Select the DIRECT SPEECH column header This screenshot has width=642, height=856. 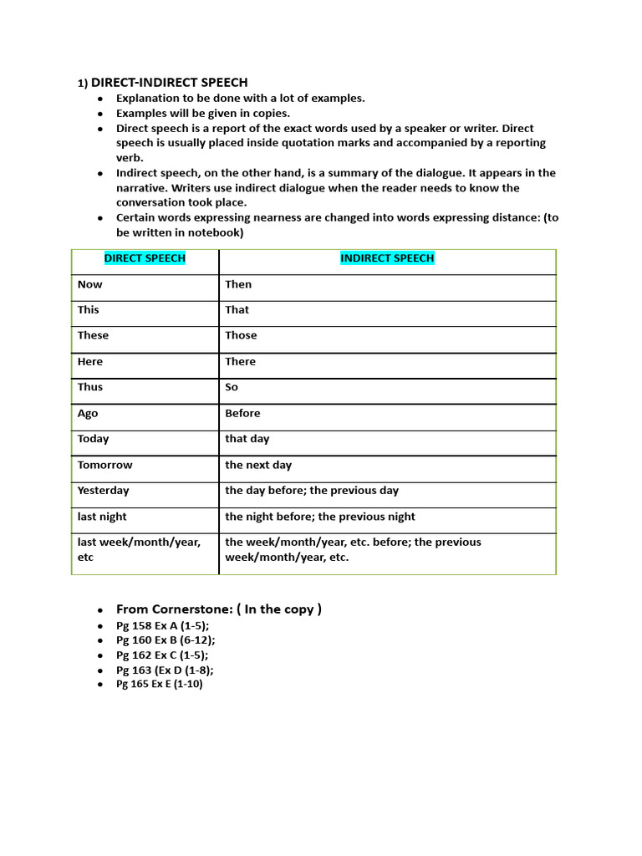pyautogui.click(x=145, y=258)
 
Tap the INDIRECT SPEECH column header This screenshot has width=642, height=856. pyautogui.click(x=387, y=258)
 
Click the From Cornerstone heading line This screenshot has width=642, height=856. pyautogui.click(x=219, y=609)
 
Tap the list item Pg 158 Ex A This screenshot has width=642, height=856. pyautogui.click(x=162, y=625)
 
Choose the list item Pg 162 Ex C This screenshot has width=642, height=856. pyautogui.click(x=162, y=655)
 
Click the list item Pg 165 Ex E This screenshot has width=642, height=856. pyautogui.click(x=159, y=684)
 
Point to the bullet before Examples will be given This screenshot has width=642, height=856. pyautogui.click(x=100, y=114)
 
